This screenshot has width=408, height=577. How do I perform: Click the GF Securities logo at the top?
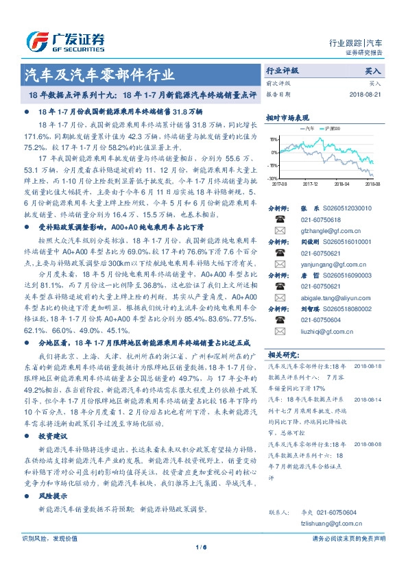pyautogui.click(x=65, y=40)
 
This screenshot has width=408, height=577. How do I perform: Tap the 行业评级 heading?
pyautogui.click(x=283, y=71)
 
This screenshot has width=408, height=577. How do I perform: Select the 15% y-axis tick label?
pyautogui.click(x=274, y=139)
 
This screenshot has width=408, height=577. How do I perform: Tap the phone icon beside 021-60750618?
pyautogui.click(x=280, y=219)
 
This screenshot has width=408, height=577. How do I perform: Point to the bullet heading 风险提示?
pyautogui.click(x=53, y=494)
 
